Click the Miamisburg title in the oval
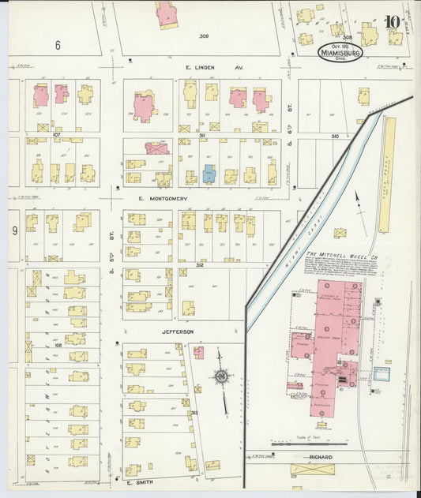click(x=340, y=52)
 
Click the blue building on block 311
click(x=209, y=174)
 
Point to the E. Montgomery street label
click(x=162, y=199)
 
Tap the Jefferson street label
click(x=179, y=332)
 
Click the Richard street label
click(x=320, y=458)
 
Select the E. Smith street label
click(x=137, y=480)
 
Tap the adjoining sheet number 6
click(x=58, y=46)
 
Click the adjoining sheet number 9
click(x=14, y=231)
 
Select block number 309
click(x=204, y=36)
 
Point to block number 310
click(x=334, y=136)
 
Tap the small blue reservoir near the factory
click(x=382, y=374)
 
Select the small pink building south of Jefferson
click(x=198, y=352)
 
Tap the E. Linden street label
click(x=201, y=68)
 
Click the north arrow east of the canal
click(x=357, y=202)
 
